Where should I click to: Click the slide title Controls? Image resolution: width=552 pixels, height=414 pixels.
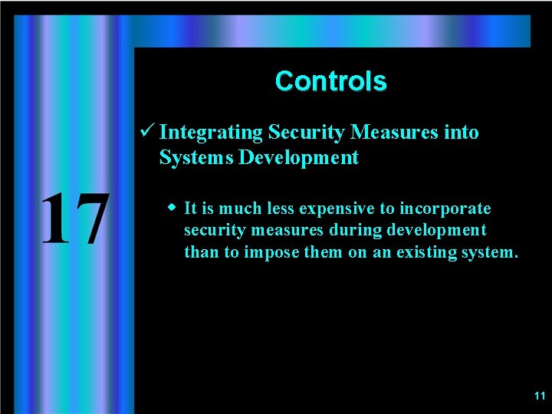330,81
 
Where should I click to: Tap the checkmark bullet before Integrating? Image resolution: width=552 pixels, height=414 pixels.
149,132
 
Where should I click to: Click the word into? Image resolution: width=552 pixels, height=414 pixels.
462,133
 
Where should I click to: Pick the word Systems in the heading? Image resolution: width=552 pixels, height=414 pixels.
196,158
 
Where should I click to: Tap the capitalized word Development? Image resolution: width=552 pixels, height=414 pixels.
299,159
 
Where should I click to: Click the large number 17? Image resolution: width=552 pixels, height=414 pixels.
74,220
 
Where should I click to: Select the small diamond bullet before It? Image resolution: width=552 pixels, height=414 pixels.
172,208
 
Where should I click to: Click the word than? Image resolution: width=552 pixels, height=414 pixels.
201,251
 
